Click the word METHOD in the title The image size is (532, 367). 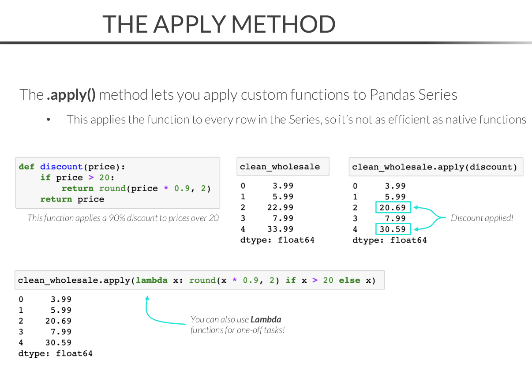click(283, 24)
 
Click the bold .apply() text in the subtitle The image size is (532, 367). click(71, 95)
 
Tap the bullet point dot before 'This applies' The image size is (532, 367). click(49, 120)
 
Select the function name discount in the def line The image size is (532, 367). click(61, 167)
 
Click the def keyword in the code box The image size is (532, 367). click(26, 167)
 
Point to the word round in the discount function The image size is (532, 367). click(112, 188)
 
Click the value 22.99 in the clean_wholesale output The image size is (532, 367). click(280, 207)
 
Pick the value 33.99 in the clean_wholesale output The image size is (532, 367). click(280, 229)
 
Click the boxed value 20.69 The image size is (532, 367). click(393, 207)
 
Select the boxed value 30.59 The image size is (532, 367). click(393, 229)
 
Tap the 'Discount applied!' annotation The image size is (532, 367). click(482, 218)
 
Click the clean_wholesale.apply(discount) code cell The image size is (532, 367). click(436, 167)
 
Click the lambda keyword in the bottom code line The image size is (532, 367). click(151, 280)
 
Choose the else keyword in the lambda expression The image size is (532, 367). click(349, 280)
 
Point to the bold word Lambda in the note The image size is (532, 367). click(266, 319)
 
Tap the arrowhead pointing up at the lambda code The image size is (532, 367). click(147, 298)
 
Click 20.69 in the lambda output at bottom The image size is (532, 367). click(58, 321)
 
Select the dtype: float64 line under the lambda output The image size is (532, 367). click(55, 353)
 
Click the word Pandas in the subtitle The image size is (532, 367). click(392, 95)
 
